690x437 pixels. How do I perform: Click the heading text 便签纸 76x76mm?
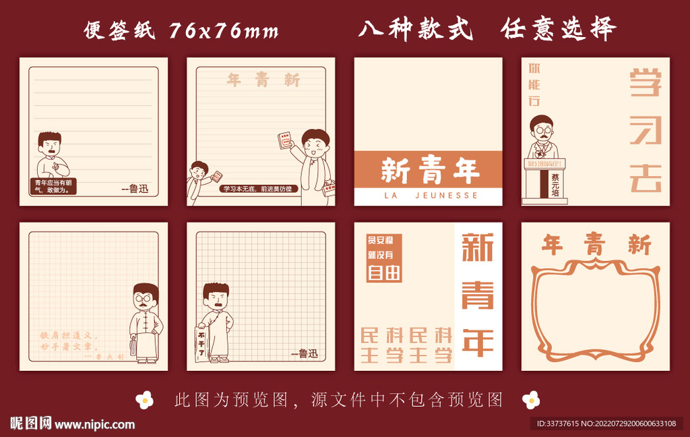click(181, 30)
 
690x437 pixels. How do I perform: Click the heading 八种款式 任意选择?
click(487, 29)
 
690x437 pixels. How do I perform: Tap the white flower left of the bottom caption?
click(144, 400)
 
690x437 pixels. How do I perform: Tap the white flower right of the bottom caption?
click(531, 400)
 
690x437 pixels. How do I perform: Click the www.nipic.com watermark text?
click(94, 424)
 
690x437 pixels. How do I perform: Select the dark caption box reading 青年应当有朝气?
click(55, 185)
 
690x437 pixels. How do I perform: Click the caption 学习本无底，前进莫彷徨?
click(258, 189)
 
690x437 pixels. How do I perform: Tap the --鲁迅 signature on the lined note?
click(134, 189)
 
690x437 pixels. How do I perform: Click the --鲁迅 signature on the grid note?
click(304, 353)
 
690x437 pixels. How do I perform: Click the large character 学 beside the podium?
click(645, 84)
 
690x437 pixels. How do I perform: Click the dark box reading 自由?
click(384, 272)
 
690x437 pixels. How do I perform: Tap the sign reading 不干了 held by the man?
click(201, 343)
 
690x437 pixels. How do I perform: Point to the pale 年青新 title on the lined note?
click(263, 81)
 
